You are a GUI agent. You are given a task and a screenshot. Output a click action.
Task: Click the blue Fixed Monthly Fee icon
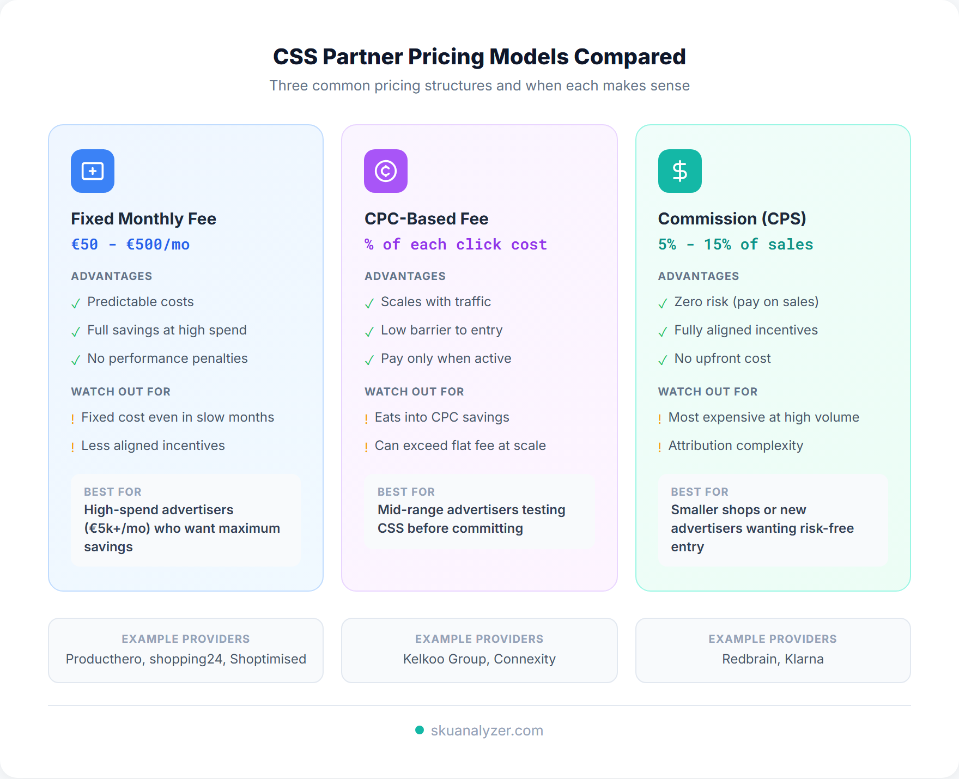coord(93,171)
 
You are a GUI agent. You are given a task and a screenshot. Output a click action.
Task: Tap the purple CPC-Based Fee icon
coord(386,171)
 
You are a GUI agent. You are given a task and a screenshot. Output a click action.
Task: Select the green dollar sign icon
coord(679,171)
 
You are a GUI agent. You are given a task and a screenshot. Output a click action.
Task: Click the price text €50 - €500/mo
coord(130,245)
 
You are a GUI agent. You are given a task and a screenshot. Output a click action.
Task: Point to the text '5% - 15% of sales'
coord(735,245)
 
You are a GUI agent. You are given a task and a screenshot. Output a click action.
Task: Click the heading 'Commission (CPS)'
coord(732,218)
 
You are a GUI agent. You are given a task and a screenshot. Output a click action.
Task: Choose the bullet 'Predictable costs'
coord(140,302)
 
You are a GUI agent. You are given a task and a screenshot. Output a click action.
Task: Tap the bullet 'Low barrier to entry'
coord(441,330)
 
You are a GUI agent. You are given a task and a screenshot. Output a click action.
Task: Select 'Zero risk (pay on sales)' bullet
coord(746,302)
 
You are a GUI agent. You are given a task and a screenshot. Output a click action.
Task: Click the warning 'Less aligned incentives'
coord(153,446)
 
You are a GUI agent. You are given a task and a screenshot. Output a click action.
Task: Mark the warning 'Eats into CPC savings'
coord(441,417)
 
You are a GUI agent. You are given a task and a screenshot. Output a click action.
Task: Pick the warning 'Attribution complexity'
coord(735,446)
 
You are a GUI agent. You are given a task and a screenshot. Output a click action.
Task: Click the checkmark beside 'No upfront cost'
coord(663,360)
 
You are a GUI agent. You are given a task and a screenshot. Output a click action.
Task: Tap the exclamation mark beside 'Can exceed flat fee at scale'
coord(366,447)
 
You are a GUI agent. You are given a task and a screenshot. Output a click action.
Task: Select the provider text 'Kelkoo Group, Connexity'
coord(479,659)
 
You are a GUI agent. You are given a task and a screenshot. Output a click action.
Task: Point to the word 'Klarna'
coord(804,659)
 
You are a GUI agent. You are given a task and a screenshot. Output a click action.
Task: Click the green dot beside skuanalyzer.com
coord(420,730)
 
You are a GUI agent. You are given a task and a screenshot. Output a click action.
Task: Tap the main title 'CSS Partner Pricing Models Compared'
coord(479,57)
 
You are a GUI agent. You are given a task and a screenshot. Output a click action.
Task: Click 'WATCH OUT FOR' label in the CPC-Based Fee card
coord(414,392)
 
